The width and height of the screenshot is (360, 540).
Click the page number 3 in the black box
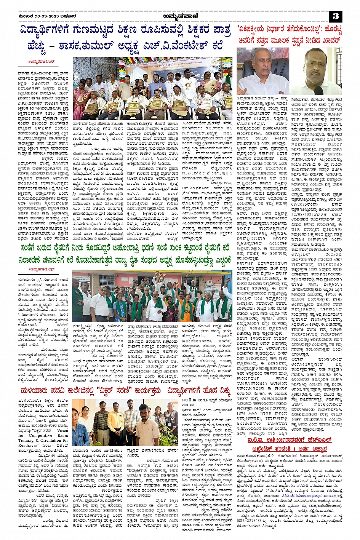[x=335, y=16]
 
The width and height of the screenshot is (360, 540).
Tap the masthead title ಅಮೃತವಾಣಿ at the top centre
[x=179, y=16]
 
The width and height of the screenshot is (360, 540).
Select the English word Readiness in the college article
[x=29, y=445]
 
